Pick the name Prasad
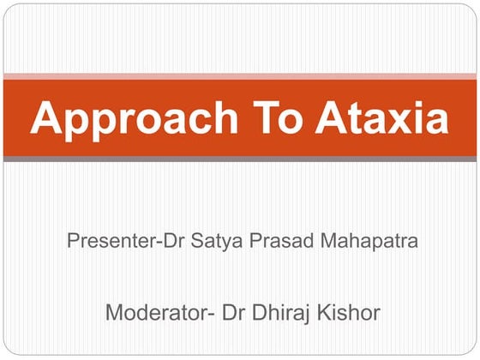(268, 241)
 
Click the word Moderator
(155, 312)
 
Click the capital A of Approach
(45, 117)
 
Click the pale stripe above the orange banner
(240, 75)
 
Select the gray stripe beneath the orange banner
(240, 159)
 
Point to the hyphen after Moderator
(213, 314)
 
